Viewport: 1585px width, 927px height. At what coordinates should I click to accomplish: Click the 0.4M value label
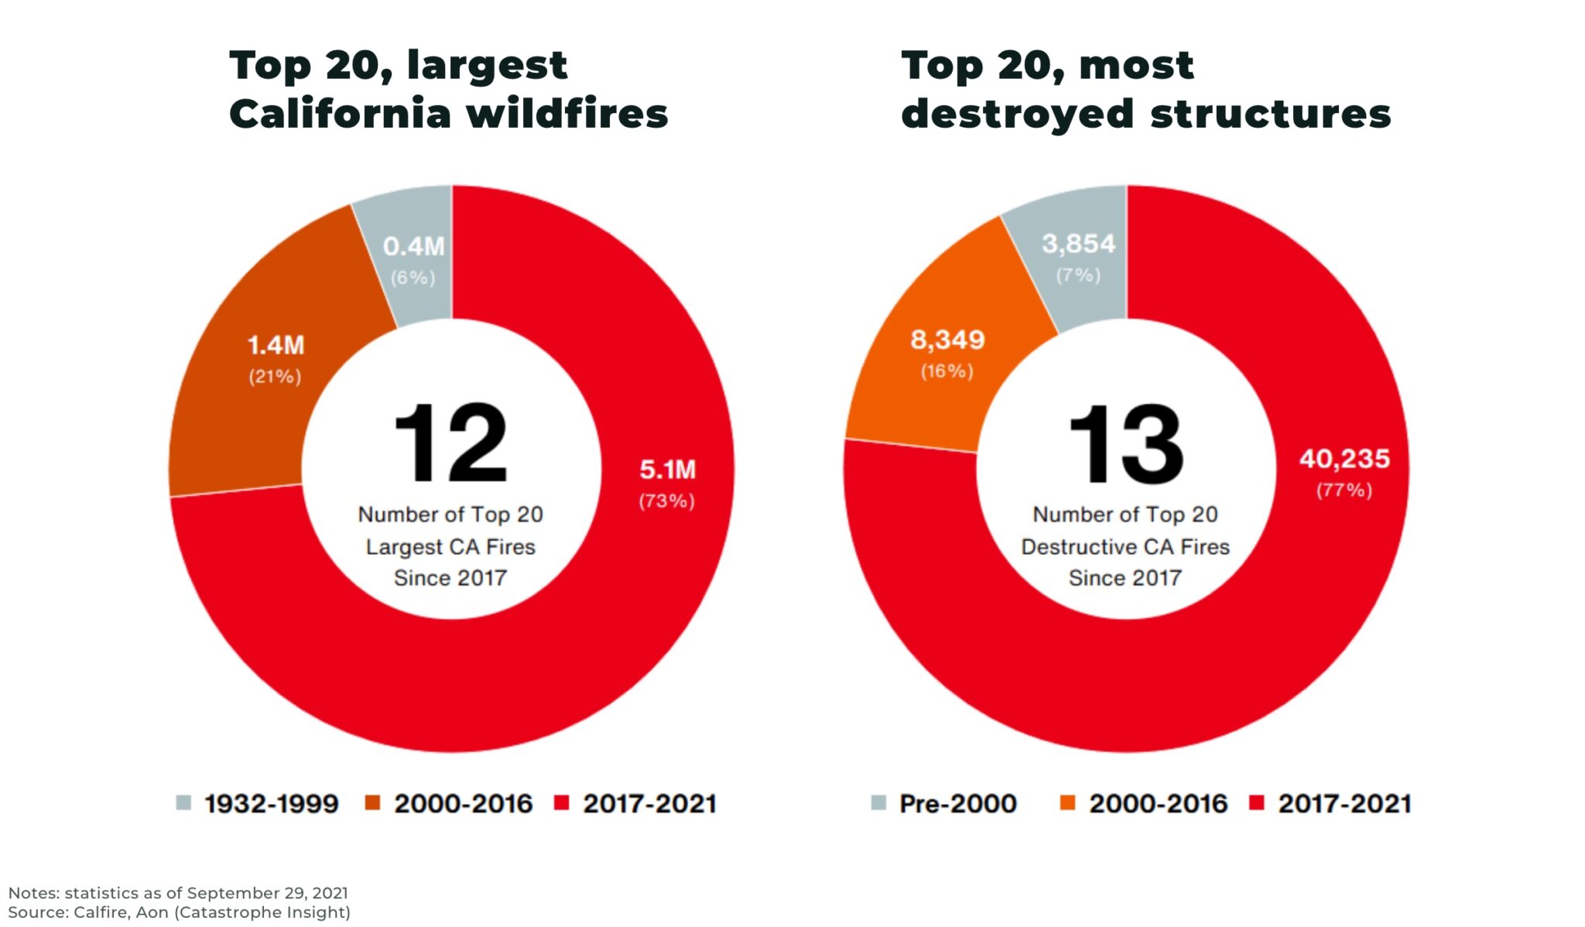pos(413,247)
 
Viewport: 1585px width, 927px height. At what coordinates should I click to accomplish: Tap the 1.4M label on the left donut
pos(276,345)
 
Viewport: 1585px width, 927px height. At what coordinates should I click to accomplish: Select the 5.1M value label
pos(667,470)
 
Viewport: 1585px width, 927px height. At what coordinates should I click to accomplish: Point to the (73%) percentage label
pos(666,501)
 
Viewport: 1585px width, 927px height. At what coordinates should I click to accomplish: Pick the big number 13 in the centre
pos(1125,445)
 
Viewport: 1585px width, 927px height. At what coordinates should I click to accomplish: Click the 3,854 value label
pos(1078,244)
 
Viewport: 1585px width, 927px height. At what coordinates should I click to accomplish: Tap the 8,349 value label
pos(947,340)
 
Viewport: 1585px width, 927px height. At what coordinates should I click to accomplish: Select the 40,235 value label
pos(1344,459)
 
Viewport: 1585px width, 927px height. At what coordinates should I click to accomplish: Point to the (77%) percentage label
pos(1344,491)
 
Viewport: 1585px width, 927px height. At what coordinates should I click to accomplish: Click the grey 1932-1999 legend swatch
pos(183,802)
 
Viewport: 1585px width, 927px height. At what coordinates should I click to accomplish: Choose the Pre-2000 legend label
pos(957,804)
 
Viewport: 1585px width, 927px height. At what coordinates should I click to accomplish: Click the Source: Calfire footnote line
pos(179,912)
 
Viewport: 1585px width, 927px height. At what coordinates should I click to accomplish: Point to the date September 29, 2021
pos(267,893)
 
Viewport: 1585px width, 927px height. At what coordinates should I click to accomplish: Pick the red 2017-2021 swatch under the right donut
pos(1257,802)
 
